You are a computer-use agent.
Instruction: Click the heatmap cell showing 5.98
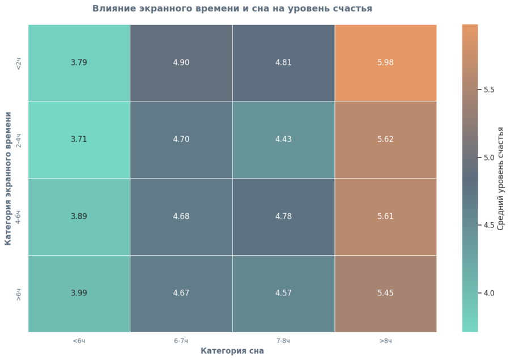tap(385, 63)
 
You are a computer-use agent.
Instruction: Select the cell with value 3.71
tap(79, 139)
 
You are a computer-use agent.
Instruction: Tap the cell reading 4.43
tap(283, 139)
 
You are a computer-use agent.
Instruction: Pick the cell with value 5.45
tap(385, 293)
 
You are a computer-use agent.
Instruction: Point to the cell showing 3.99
tap(79, 293)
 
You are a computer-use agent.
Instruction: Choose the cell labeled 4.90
tap(181, 63)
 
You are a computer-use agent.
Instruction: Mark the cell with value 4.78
tap(283, 217)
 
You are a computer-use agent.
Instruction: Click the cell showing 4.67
tap(181, 293)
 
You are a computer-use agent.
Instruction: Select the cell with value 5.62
tap(385, 139)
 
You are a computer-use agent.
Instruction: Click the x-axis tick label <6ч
tap(79, 341)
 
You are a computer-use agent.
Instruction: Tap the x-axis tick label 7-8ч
tap(283, 341)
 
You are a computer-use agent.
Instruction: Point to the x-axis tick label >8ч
tap(385, 341)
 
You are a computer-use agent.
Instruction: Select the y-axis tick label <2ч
tap(19, 63)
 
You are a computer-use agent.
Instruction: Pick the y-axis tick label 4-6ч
tap(19, 217)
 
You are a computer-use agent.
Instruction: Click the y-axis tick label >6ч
tap(19, 293)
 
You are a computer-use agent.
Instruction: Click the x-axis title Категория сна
tap(232, 351)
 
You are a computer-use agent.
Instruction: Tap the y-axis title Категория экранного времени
tap(8, 178)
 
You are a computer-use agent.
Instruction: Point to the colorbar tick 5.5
tap(489, 90)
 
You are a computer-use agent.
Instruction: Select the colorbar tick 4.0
tap(489, 293)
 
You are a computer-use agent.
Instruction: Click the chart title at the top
tap(232, 9)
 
